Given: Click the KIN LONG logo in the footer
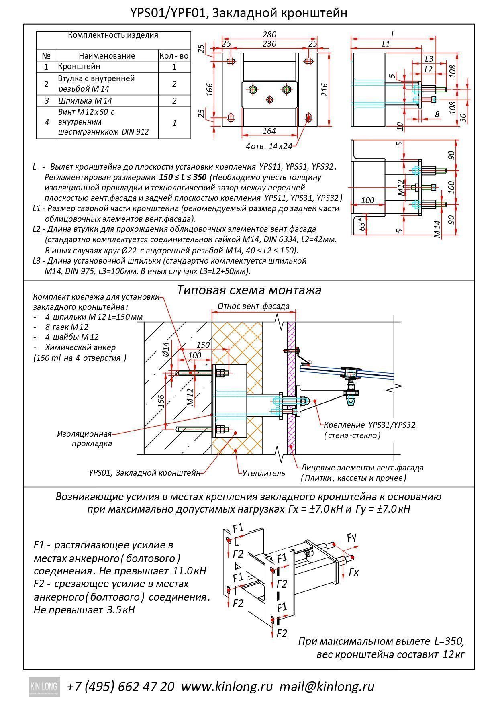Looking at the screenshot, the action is coord(44,686).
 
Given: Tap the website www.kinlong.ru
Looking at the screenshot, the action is coord(227,686).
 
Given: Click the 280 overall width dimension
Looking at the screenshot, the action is coord(269,35).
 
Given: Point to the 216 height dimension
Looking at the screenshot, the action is coord(325,89).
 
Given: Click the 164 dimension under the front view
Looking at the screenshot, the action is coord(269,131).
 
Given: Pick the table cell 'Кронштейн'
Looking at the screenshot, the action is coord(79,66).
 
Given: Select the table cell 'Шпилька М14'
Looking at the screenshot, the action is coord(85,100).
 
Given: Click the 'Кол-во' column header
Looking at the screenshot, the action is coord(174,56).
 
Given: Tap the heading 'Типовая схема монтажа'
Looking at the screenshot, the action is coord(249,290).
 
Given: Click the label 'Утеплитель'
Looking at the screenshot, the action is coord(263,473).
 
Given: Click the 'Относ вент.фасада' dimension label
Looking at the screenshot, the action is coord(253,306).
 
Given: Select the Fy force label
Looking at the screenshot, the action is coord(352,537).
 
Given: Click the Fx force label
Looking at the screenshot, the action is coord(353,572).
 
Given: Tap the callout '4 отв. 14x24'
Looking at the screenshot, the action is coord(269,146).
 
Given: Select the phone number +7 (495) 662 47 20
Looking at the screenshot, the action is coord(121,686).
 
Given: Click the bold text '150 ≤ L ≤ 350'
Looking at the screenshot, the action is coord(183,177).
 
